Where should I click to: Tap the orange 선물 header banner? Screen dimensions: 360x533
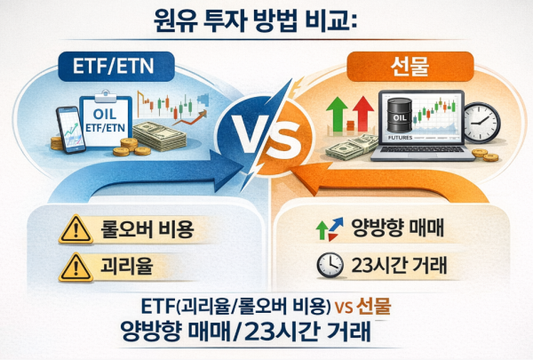click(415, 64)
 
